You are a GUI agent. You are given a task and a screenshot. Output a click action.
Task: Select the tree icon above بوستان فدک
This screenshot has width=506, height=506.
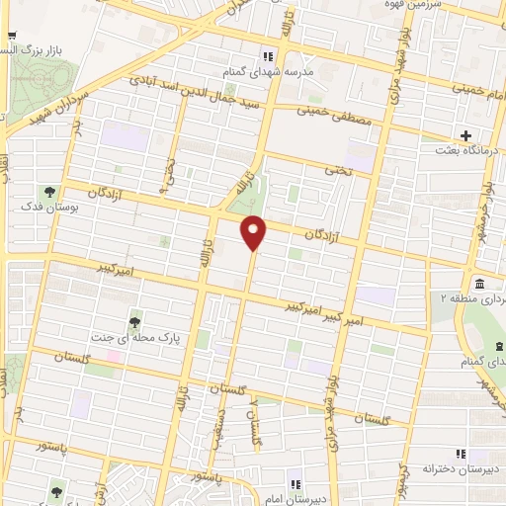[x=47, y=192]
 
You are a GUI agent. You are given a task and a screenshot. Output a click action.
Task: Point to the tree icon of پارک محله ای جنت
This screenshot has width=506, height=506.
[x=135, y=322]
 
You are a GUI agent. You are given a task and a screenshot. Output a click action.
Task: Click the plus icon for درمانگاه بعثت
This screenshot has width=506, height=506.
[x=464, y=135]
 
